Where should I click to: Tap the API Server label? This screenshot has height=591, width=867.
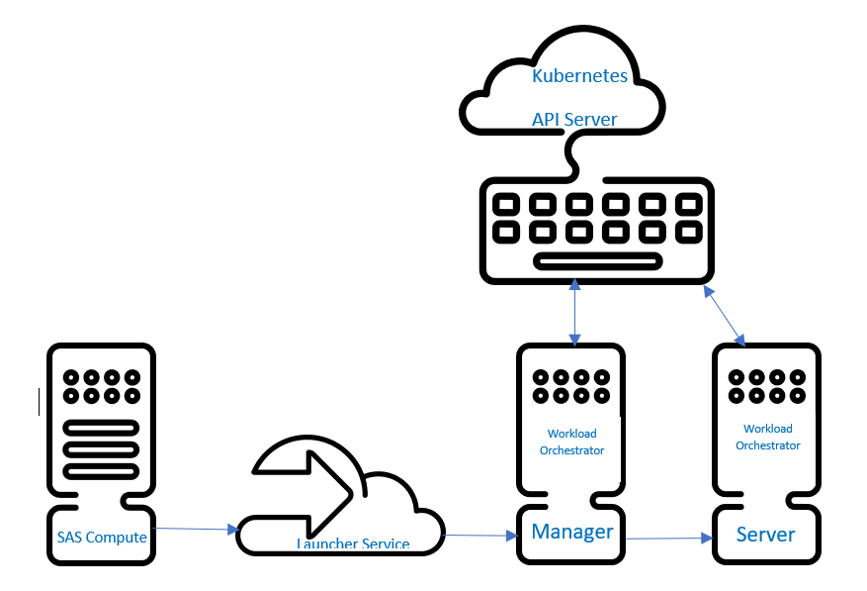(x=574, y=120)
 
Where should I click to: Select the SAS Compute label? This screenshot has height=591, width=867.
(x=102, y=538)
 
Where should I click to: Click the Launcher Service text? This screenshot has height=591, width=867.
(x=353, y=543)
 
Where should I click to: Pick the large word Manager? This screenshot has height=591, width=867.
(x=572, y=532)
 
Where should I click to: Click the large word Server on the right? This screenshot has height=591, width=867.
(x=766, y=535)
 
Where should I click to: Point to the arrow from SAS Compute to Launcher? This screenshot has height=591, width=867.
(x=198, y=530)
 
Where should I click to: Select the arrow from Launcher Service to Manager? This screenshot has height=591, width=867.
(x=481, y=536)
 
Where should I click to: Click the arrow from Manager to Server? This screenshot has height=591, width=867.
(x=670, y=539)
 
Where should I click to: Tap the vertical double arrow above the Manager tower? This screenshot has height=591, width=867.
(x=573, y=312)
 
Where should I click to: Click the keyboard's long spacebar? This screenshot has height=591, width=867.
(x=597, y=261)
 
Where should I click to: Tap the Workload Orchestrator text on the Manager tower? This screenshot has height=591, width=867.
(x=572, y=442)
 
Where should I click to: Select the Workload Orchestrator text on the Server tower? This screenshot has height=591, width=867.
(x=768, y=437)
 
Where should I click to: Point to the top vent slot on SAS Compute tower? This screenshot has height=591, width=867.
(x=101, y=429)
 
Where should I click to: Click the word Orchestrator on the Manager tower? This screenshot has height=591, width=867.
(x=572, y=450)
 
